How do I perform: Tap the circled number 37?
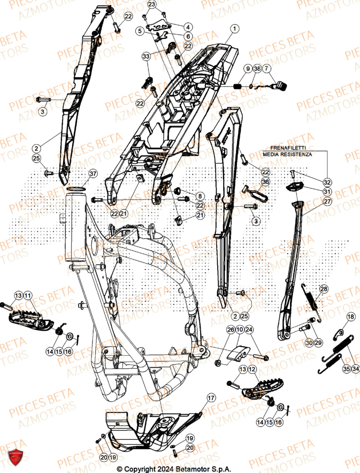point(93,174)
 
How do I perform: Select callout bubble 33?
point(145,57)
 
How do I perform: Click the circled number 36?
point(265,182)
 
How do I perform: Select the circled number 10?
point(240,330)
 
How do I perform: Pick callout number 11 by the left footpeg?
point(28,296)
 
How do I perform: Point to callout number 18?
point(337,316)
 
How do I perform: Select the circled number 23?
point(151,5)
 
